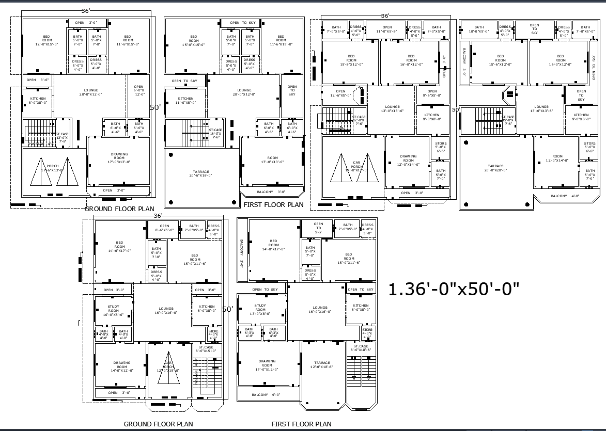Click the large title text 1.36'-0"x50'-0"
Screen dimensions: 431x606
453,289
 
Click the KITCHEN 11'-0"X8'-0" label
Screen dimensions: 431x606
185,100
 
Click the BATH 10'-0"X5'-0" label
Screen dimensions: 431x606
479,29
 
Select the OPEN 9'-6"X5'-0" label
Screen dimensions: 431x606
432,93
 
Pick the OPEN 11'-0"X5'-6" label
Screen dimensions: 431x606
387,29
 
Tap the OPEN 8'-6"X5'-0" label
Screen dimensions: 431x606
164,228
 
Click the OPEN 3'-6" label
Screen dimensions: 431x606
38,80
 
